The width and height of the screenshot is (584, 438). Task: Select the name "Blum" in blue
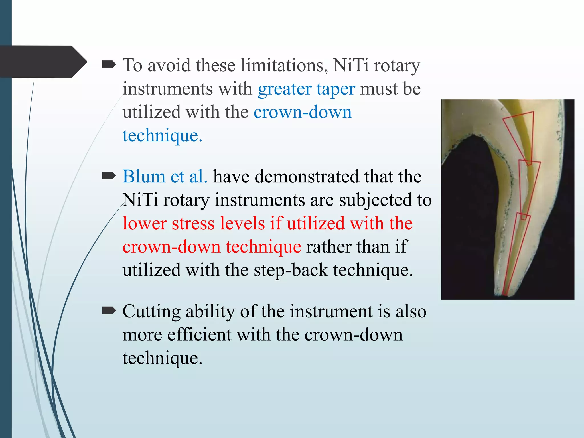pos(144,177)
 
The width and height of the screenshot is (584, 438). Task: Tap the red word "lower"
pos(144,223)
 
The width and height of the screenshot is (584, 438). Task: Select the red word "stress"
pos(193,223)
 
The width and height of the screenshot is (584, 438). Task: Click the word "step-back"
pos(291,270)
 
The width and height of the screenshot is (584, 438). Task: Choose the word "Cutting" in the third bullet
pos(151,311)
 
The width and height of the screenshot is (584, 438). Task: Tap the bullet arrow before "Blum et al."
pos(109,177)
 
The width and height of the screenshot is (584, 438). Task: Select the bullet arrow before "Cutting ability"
pos(109,311)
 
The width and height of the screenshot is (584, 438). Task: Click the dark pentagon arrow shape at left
pos(43,62)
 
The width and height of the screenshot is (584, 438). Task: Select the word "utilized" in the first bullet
pos(151,112)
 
